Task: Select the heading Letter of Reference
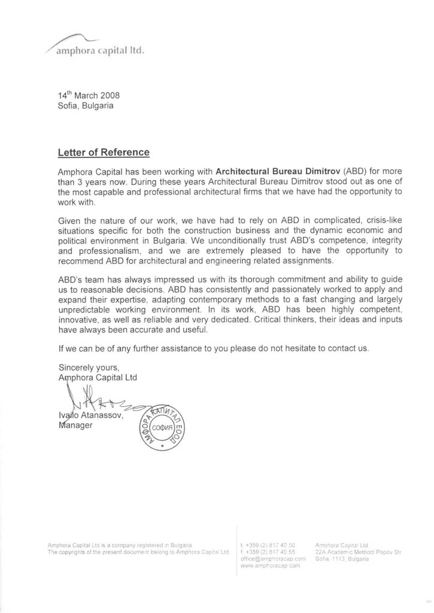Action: coord(103,153)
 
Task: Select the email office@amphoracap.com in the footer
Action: coord(272,558)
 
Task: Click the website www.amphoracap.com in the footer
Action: coord(269,565)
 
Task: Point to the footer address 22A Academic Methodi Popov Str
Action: coord(358,551)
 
